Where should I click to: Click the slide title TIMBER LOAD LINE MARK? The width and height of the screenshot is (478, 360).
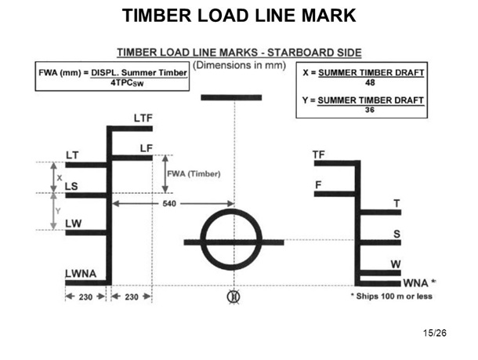pyautogui.click(x=239, y=15)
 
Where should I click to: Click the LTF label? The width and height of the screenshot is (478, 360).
pyautogui.click(x=143, y=118)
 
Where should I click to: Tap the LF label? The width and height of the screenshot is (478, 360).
pyautogui.click(x=145, y=147)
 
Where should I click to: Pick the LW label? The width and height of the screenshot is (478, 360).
pyautogui.click(x=73, y=223)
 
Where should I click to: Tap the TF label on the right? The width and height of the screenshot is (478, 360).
pyautogui.click(x=318, y=155)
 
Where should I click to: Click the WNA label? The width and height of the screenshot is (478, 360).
pyautogui.click(x=415, y=282)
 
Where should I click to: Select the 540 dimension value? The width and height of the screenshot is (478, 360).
pyautogui.click(x=168, y=203)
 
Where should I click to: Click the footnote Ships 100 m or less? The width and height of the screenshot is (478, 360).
pyautogui.click(x=390, y=296)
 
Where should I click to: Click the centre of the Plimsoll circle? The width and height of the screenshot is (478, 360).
pyautogui.click(x=234, y=240)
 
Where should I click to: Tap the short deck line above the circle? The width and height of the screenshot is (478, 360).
pyautogui.click(x=232, y=97)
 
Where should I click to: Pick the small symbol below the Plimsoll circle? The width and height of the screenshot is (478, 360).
pyautogui.click(x=233, y=296)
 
